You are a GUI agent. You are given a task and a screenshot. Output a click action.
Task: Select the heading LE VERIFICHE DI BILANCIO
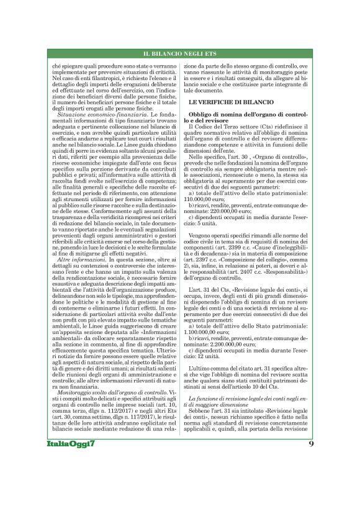coord(227,100)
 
